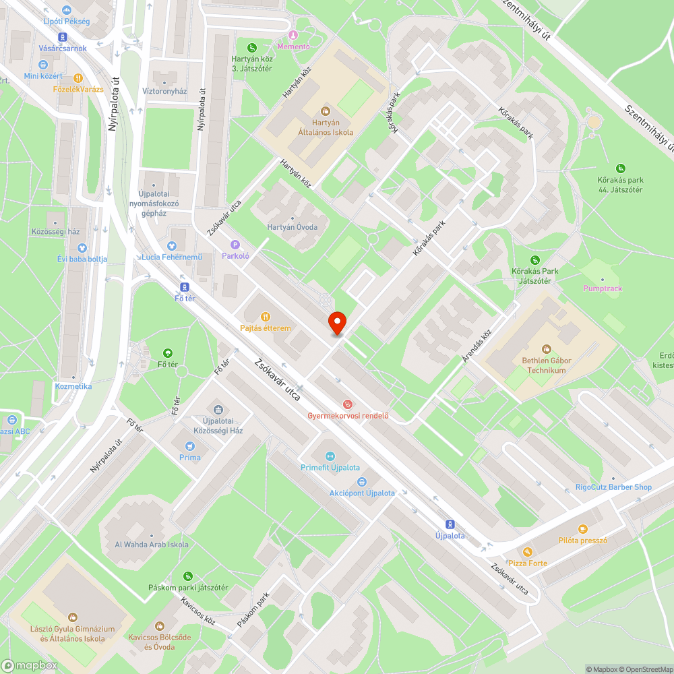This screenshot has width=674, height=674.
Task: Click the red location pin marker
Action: click(336, 323)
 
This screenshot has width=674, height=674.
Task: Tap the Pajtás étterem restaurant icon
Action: click(266, 316)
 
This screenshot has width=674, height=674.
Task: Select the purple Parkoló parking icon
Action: click(235, 245)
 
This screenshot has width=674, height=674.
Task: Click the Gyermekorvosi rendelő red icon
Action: click(348, 404)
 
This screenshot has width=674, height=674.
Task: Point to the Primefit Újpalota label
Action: click(330, 468)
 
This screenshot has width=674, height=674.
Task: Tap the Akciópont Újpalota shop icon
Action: click(361, 481)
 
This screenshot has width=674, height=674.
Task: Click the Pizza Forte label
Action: click(528, 563)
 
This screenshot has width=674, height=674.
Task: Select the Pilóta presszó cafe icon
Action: click(583, 529)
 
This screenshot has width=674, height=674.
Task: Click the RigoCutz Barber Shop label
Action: click(613, 487)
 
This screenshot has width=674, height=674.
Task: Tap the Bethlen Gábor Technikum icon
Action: click(547, 348)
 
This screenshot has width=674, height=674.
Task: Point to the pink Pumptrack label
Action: click(603, 288)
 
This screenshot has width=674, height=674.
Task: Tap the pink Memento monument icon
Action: click(293, 35)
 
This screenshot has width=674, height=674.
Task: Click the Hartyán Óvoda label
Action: click(292, 227)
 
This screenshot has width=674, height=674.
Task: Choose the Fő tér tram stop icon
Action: click(181, 286)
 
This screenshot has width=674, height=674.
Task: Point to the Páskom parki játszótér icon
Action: click(188, 576)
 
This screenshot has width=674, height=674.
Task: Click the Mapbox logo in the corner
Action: click(30, 665)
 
